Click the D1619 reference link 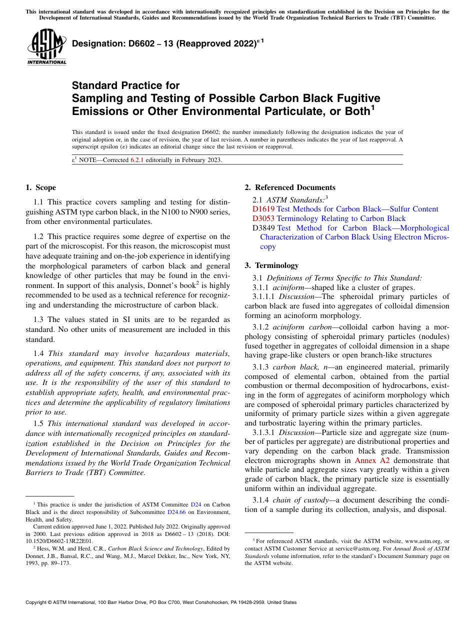(263, 209)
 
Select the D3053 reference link (263, 218)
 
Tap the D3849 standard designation (263, 228)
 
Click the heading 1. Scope (41, 187)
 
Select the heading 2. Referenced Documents (290, 187)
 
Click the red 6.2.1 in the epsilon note (137, 160)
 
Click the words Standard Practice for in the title (125, 85)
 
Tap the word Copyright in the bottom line (38, 602)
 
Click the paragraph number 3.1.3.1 (264, 432)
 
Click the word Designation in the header (98, 44)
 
